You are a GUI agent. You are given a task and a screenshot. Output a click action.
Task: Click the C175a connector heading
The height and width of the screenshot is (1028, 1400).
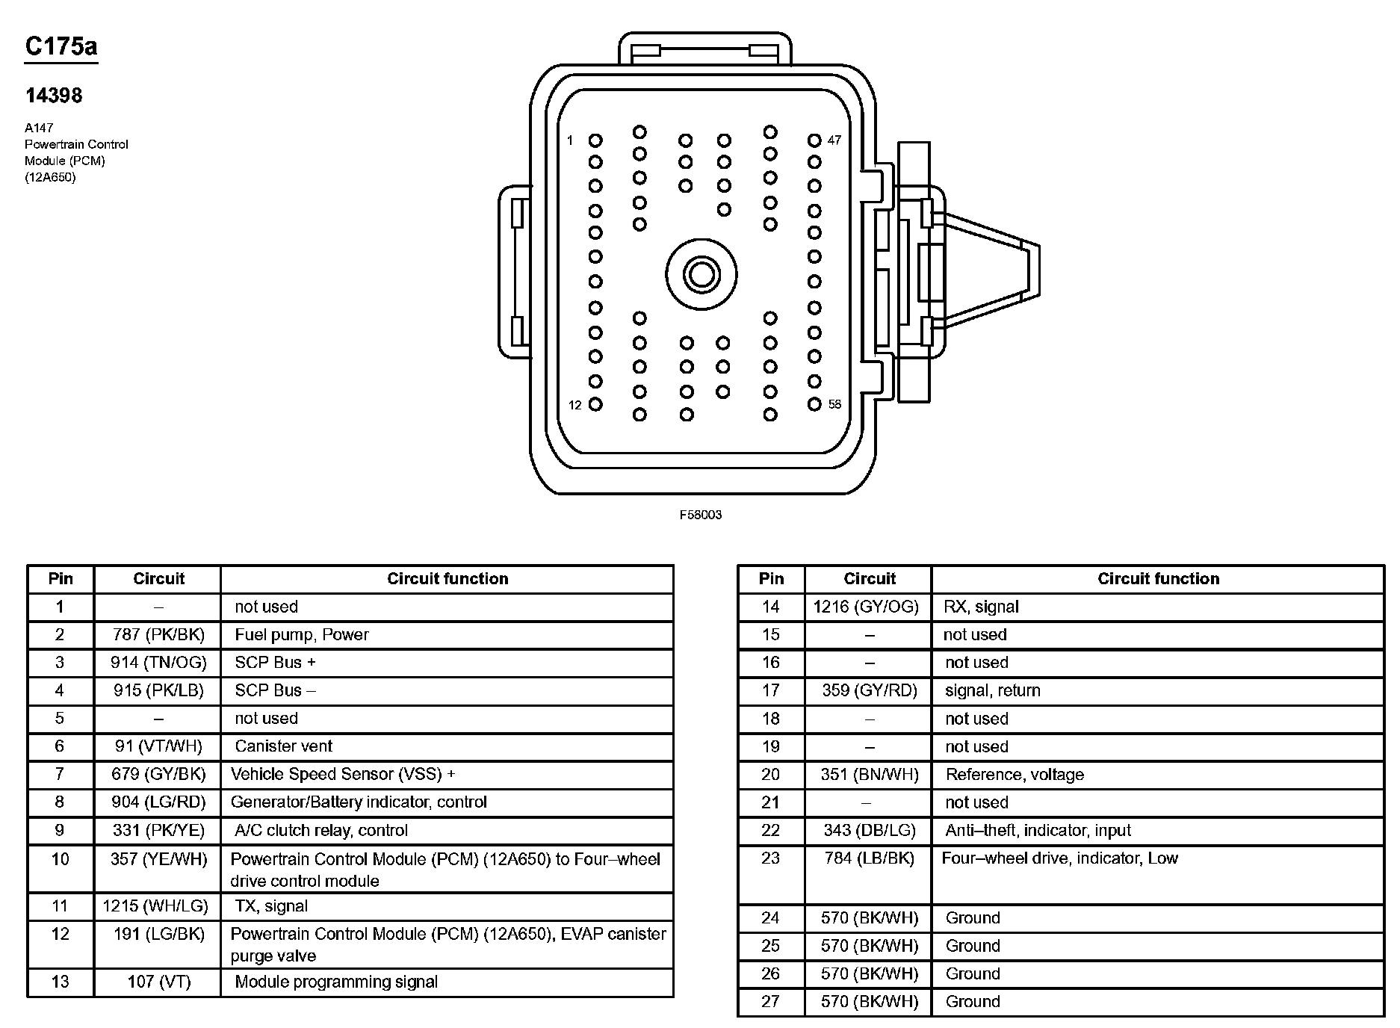pos(61,46)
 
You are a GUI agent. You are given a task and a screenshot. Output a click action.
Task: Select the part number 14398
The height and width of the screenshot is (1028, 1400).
pos(53,96)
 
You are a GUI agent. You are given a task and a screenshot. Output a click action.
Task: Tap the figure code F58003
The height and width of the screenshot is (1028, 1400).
pos(700,515)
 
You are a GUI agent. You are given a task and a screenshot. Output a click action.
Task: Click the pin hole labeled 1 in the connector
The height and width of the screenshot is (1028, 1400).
pos(595,140)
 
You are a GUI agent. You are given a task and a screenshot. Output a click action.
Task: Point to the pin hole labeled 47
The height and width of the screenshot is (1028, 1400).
pos(814,140)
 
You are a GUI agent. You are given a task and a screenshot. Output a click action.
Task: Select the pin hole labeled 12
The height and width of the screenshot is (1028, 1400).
pos(595,404)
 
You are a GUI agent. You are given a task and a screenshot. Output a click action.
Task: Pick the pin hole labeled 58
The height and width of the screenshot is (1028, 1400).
pos(814,404)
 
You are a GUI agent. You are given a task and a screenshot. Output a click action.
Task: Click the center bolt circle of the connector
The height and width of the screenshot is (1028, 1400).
pos(701,274)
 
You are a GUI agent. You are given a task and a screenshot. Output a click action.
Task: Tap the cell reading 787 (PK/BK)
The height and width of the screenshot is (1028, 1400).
pos(158,635)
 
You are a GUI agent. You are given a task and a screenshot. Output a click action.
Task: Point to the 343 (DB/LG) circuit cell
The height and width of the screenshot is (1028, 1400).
pos(869,830)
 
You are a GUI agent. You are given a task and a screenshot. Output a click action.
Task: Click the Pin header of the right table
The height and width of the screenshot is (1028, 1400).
pos(771,579)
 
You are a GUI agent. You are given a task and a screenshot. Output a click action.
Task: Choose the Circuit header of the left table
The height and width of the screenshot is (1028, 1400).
pos(158,579)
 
